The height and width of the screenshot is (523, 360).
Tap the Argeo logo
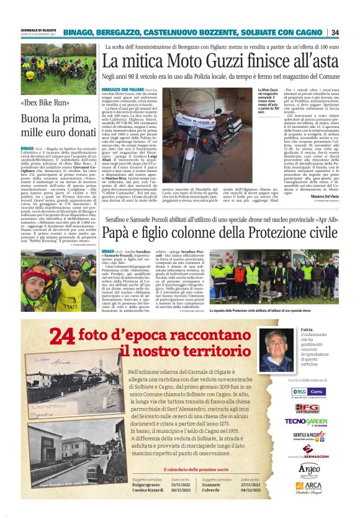click(x=308, y=468)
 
